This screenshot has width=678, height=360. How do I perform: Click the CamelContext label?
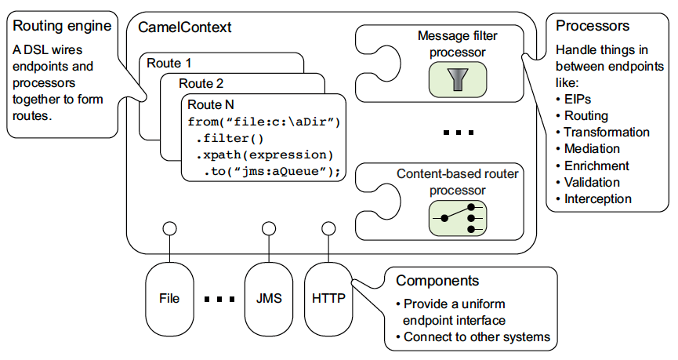coord(185,27)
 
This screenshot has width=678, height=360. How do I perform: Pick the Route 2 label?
coord(201,83)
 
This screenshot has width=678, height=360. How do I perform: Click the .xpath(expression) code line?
coord(264,155)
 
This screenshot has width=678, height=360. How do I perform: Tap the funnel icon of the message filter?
coord(458,79)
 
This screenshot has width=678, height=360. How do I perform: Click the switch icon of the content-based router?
coord(458,217)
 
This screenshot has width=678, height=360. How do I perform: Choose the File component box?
coord(169,298)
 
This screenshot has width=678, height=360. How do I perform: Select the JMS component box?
coord(268,298)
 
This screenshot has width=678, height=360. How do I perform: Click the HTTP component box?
coord(328,298)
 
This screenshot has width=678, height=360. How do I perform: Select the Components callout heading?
coord(437,281)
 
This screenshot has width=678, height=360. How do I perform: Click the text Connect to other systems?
coord(476,337)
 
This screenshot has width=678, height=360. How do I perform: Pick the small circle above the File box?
coord(169,229)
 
